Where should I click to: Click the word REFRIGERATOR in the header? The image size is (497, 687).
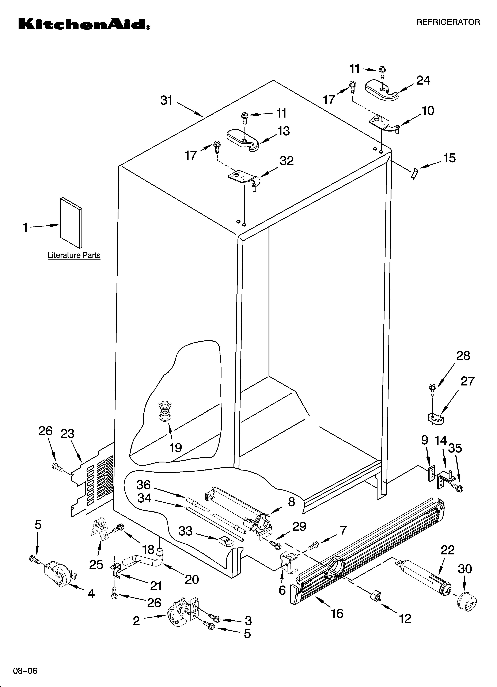pos(448,22)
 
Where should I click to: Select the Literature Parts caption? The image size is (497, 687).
pos(74,255)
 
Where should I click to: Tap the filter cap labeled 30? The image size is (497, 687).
pos(466,603)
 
